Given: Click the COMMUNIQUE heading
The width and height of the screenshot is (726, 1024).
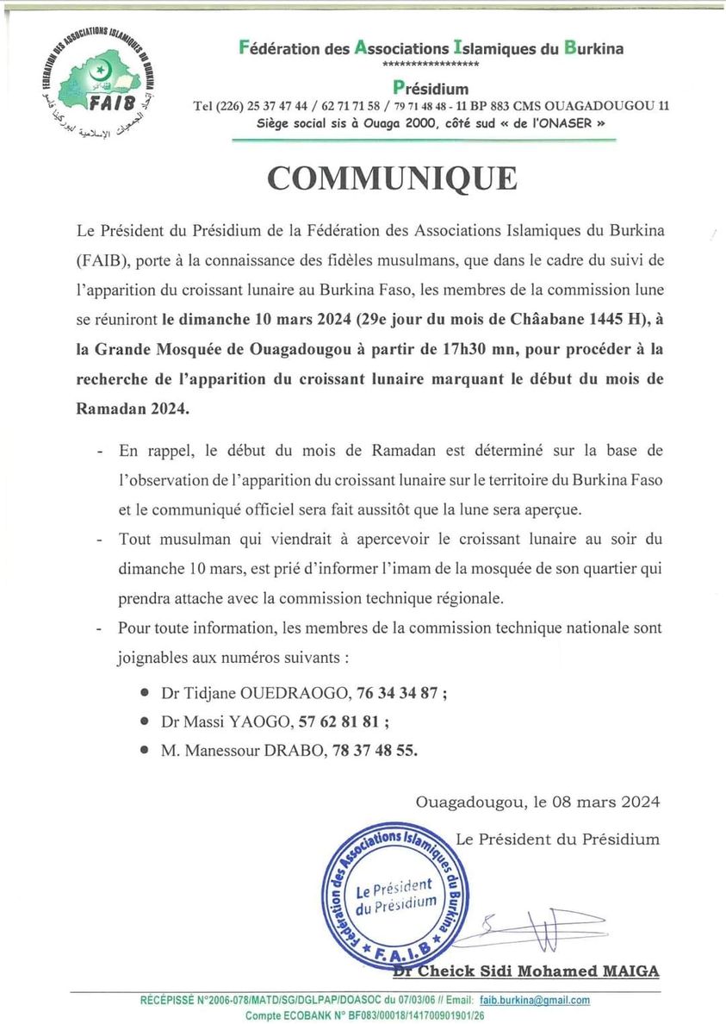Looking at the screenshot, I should pos(392,178).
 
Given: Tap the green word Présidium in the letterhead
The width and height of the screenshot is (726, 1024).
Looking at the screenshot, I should pos(431,87).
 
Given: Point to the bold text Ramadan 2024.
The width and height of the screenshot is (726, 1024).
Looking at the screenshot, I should pos(132,409).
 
